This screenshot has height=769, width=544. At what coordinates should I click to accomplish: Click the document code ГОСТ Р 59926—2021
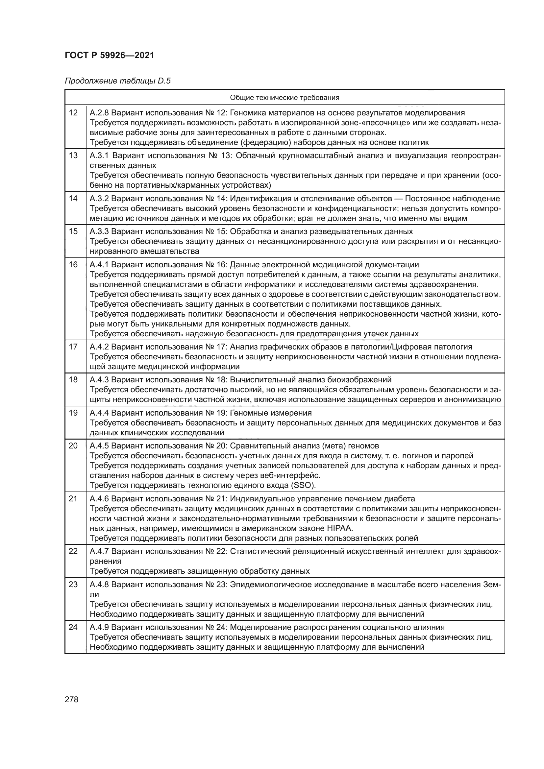click(109, 55)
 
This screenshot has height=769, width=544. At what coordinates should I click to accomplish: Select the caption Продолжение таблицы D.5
click(117, 81)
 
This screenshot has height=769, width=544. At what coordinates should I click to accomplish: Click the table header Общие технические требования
click(284, 97)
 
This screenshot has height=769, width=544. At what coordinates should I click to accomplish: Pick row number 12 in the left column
click(73, 112)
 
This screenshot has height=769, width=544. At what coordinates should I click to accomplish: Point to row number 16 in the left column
click(73, 265)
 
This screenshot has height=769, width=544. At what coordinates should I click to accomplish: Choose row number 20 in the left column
click(73, 446)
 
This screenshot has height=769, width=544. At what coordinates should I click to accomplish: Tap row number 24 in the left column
click(73, 627)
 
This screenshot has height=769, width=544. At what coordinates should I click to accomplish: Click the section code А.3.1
click(99, 156)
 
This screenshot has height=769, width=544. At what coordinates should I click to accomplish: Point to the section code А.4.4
click(99, 413)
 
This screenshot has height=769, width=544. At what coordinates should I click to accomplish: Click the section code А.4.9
click(99, 627)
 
